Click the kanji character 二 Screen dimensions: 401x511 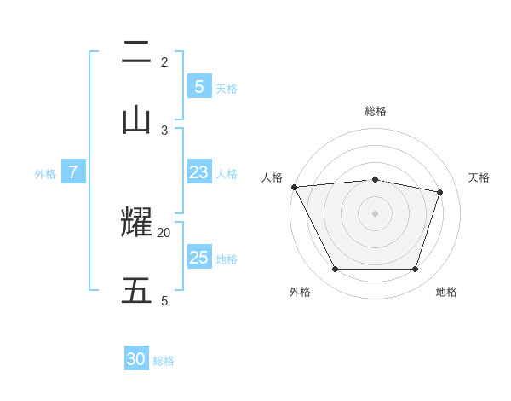(x=136, y=53)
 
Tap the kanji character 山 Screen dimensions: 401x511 (x=136, y=119)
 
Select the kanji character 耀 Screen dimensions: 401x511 (x=136, y=224)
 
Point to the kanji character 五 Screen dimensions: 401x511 (x=136, y=291)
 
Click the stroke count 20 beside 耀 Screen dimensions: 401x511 (x=164, y=232)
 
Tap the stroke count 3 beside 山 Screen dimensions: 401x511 (x=164, y=130)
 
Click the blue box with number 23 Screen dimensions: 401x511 (x=198, y=172)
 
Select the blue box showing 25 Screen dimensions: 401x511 (x=198, y=258)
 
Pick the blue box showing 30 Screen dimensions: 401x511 (x=136, y=359)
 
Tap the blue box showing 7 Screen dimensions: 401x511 (x=73, y=172)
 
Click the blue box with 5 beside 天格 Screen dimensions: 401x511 (x=198, y=86)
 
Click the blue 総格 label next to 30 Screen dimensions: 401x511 (x=164, y=361)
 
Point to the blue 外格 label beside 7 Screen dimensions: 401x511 (x=45, y=174)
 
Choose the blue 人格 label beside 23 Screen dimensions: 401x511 (x=227, y=174)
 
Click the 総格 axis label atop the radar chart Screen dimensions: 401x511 (x=376, y=111)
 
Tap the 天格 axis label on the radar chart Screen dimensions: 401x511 (x=479, y=177)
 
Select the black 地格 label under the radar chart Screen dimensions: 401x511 (x=446, y=292)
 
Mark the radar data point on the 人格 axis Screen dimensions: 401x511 (x=294, y=187)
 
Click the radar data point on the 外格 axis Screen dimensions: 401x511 (x=335, y=270)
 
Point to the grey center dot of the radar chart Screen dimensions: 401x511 (x=376, y=213)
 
